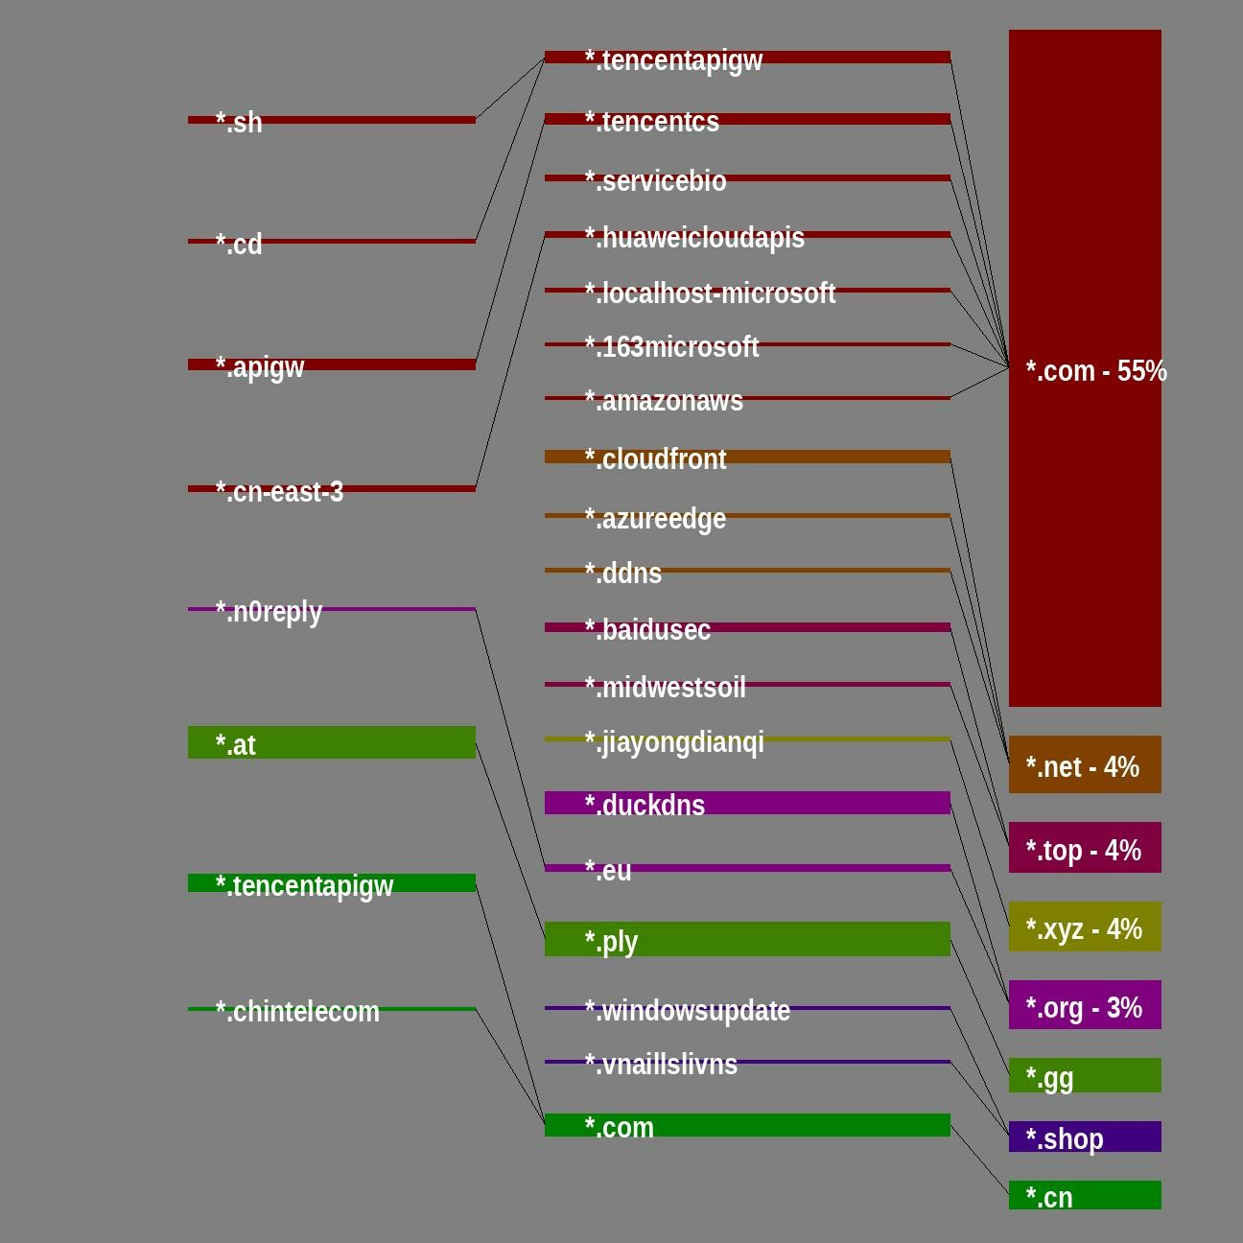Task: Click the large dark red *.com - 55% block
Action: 1085,368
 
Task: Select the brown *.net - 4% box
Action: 1085,764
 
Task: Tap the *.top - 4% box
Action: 1085,848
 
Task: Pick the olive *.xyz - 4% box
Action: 1085,926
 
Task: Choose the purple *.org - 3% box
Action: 1085,1004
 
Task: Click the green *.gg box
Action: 1085,1075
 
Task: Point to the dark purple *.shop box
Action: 1085,1137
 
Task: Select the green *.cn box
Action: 1085,1195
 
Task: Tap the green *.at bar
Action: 332,742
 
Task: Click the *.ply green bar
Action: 747,939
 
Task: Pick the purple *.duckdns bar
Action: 747,803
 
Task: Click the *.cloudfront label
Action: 656,458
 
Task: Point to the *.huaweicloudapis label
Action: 694,237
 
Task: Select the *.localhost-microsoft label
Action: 710,293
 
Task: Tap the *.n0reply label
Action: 269,611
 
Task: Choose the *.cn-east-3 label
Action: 279,491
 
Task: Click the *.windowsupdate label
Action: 687,1010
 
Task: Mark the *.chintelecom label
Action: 297,1011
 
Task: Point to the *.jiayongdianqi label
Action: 674,741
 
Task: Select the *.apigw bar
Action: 332,364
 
